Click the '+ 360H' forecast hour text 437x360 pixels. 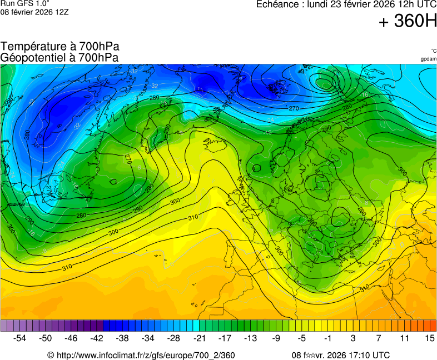click(x=407, y=22)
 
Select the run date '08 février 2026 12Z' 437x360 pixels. click(x=34, y=12)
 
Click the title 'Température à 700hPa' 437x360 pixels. click(x=60, y=47)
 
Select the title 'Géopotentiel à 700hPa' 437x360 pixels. click(x=60, y=57)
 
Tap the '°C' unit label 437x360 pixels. click(x=434, y=51)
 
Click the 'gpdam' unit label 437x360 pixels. click(x=428, y=58)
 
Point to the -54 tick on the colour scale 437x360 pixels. click(x=20, y=338)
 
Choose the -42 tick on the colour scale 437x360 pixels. click(x=97, y=338)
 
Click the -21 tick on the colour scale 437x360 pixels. click(x=199, y=338)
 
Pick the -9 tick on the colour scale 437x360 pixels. click(x=276, y=338)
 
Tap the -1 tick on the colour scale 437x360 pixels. click(x=327, y=338)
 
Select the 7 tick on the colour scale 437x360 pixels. click(x=379, y=338)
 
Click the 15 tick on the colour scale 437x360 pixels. click(x=429, y=338)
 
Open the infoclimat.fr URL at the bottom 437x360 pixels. click(x=145, y=356)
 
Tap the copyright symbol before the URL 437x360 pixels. click(x=51, y=356)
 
